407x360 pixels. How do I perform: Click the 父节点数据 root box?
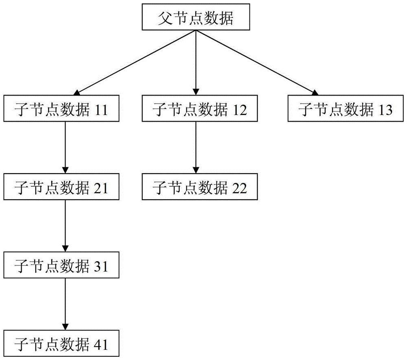(x=196, y=17)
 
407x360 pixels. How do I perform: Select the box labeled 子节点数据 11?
(x=61, y=109)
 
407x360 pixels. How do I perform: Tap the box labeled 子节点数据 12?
(x=199, y=109)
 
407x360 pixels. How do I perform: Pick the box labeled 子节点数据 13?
(x=346, y=109)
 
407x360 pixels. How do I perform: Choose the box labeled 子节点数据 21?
(x=61, y=187)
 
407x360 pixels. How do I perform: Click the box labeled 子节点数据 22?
(x=199, y=187)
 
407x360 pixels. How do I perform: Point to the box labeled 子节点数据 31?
(x=61, y=265)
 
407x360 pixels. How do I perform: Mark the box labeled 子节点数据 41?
(x=61, y=343)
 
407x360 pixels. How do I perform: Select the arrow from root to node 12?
(x=196, y=63)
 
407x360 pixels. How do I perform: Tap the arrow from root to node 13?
(x=257, y=63)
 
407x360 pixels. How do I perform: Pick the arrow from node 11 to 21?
(x=65, y=147)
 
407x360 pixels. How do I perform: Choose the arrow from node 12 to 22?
(x=196, y=147)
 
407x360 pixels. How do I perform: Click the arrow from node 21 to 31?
(x=65, y=226)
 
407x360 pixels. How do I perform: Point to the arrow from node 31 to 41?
(x=65, y=304)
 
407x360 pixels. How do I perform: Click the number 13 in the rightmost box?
(x=385, y=110)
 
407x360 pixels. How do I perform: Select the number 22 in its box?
(x=239, y=188)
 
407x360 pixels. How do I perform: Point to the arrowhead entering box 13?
(x=315, y=93)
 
